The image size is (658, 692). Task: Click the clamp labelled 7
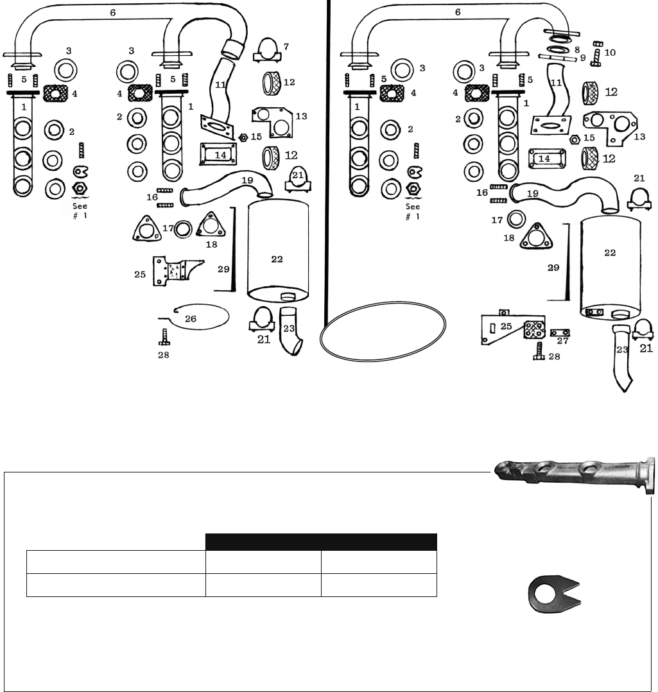click(267, 51)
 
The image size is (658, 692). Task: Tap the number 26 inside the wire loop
click(191, 318)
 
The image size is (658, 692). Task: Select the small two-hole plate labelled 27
click(560, 333)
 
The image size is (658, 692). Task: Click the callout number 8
click(577, 49)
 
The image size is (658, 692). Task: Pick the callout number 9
click(582, 58)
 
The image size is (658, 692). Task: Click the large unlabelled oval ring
click(383, 331)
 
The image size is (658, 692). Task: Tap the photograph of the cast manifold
click(575, 475)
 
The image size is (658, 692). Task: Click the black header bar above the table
click(321, 542)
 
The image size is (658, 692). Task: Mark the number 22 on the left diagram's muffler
click(277, 259)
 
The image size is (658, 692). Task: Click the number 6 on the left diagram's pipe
click(113, 13)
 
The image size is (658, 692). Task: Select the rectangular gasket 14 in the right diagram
click(547, 159)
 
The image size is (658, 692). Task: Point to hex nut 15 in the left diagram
click(242, 137)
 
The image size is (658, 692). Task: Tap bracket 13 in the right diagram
click(610, 128)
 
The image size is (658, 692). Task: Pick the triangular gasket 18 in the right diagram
click(537, 236)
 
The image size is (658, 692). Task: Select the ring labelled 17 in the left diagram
click(183, 229)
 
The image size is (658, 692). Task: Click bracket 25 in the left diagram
click(177, 270)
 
